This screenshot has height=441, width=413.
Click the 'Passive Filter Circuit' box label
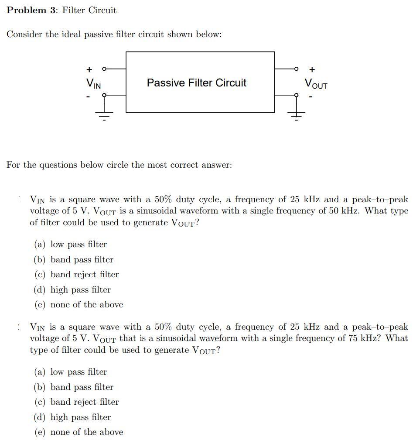tap(196, 83)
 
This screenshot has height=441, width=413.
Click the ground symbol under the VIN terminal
tap(104, 115)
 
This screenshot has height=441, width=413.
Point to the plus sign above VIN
tap(89, 69)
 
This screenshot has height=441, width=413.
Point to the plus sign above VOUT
tap(312, 69)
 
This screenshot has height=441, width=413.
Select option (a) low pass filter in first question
tap(71, 245)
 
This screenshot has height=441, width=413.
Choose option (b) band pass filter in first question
tap(74, 259)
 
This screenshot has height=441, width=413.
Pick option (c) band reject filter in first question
tap(76, 275)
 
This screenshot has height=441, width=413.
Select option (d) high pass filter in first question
tap(72, 290)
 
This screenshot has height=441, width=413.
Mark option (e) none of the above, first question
tap(79, 305)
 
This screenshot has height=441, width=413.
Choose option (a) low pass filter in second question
tap(71, 372)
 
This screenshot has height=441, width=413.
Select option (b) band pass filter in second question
tap(74, 387)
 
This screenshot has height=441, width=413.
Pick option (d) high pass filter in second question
tap(72, 417)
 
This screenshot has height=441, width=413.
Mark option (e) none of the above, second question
tap(79, 432)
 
